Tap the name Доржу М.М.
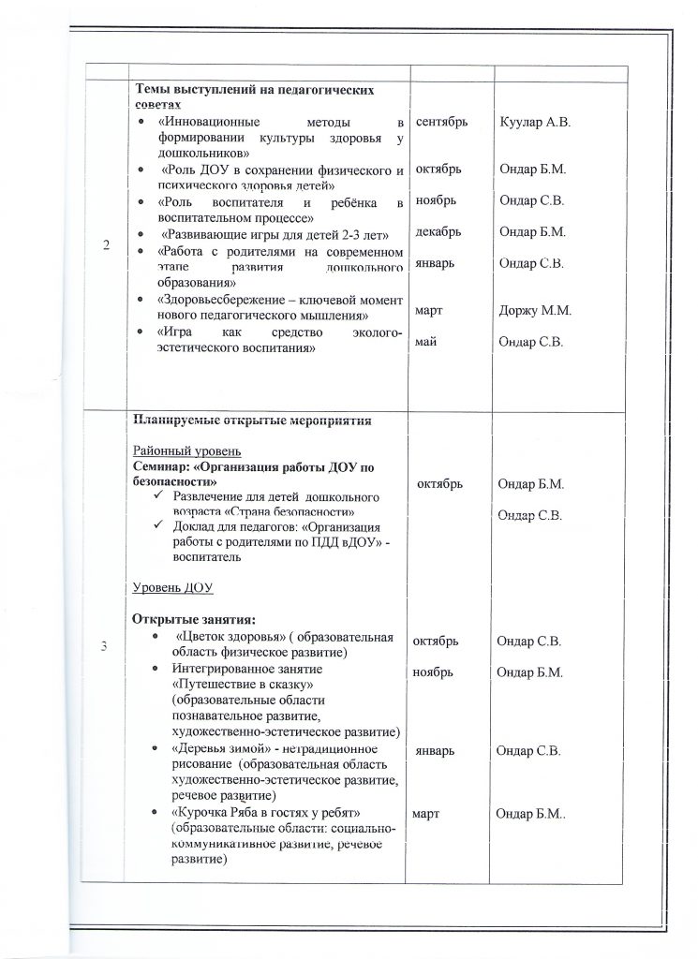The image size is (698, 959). coord(535,310)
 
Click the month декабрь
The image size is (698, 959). coord(438,230)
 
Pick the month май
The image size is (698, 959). coord(424,343)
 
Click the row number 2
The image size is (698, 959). coord(105,245)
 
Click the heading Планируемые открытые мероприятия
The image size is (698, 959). coord(253,419)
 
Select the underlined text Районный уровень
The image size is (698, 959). coord(186,449)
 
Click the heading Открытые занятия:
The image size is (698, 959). coord(194,619)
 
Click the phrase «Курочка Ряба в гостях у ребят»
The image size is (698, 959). coord(266,808)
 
